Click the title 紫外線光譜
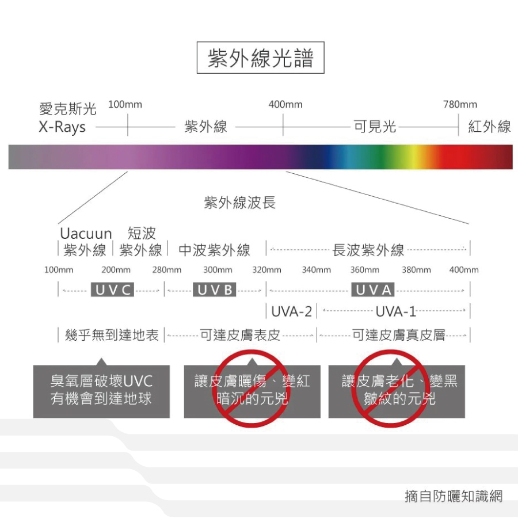coord(260,58)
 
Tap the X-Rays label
coord(62,127)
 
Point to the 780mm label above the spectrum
coord(460,105)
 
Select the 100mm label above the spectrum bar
coord(125,105)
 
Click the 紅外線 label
coord(489,127)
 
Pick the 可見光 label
coord(375,127)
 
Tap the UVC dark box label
coord(113,290)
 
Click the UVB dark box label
coord(215,290)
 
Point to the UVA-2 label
coord(292,312)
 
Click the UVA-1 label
coord(395,312)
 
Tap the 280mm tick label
coord(166,269)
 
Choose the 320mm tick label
coord(266,269)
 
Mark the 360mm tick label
coord(364,269)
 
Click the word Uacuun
coord(86,234)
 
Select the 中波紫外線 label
coord(214,250)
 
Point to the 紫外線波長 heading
coord(240,202)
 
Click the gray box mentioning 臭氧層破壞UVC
coord(101,390)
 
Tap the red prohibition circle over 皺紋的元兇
coord(396,390)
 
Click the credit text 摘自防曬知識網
coord(454,496)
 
